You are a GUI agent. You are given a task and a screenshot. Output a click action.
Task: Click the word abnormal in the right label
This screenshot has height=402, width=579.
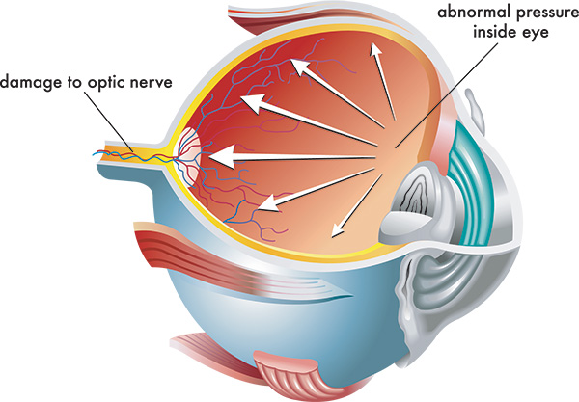pos(471,13)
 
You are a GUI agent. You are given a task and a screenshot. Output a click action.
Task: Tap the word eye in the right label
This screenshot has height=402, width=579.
pos(535,32)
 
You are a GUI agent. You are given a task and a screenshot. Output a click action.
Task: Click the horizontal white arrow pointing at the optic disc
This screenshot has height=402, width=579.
pos(289,152)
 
